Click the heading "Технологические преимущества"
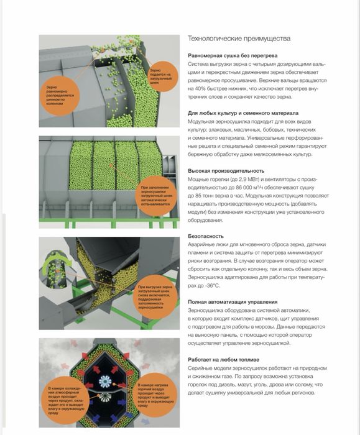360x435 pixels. pyautogui.click(x=239, y=39)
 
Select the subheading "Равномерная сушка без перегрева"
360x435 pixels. pyautogui.click(x=233, y=55)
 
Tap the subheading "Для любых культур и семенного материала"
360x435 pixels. pyautogui.click(x=243, y=113)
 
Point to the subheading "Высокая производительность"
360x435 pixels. pyautogui.click(x=226, y=171)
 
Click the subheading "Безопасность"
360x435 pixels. pyautogui.click(x=206, y=236)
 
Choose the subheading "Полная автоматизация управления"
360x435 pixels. pyautogui.click(x=233, y=302)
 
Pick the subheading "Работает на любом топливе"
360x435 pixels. pyautogui.click(x=223, y=360)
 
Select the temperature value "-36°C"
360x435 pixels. pyautogui.click(x=213, y=285)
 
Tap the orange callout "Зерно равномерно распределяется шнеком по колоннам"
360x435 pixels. pyautogui.click(x=60, y=96)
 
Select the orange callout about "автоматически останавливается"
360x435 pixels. pyautogui.click(x=157, y=196)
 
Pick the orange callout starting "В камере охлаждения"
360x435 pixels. pyautogui.click(x=66, y=400)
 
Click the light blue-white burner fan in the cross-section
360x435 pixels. pyautogui.click(x=105, y=382)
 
